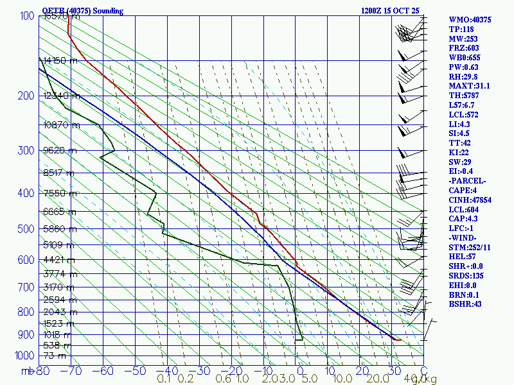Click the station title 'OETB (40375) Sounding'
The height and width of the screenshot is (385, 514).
(82, 11)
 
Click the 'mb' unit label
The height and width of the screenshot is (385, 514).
(28, 371)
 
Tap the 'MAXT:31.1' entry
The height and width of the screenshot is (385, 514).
(469, 86)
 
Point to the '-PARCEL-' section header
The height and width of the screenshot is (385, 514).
(467, 181)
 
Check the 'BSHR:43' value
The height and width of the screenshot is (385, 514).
(465, 304)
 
